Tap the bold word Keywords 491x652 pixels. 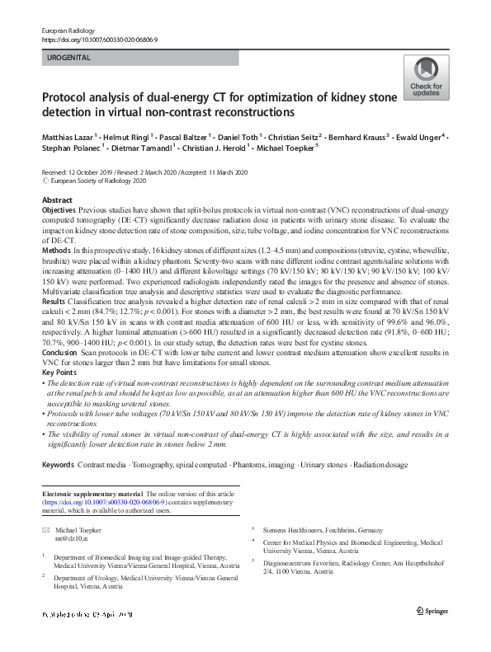click(x=58, y=465)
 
